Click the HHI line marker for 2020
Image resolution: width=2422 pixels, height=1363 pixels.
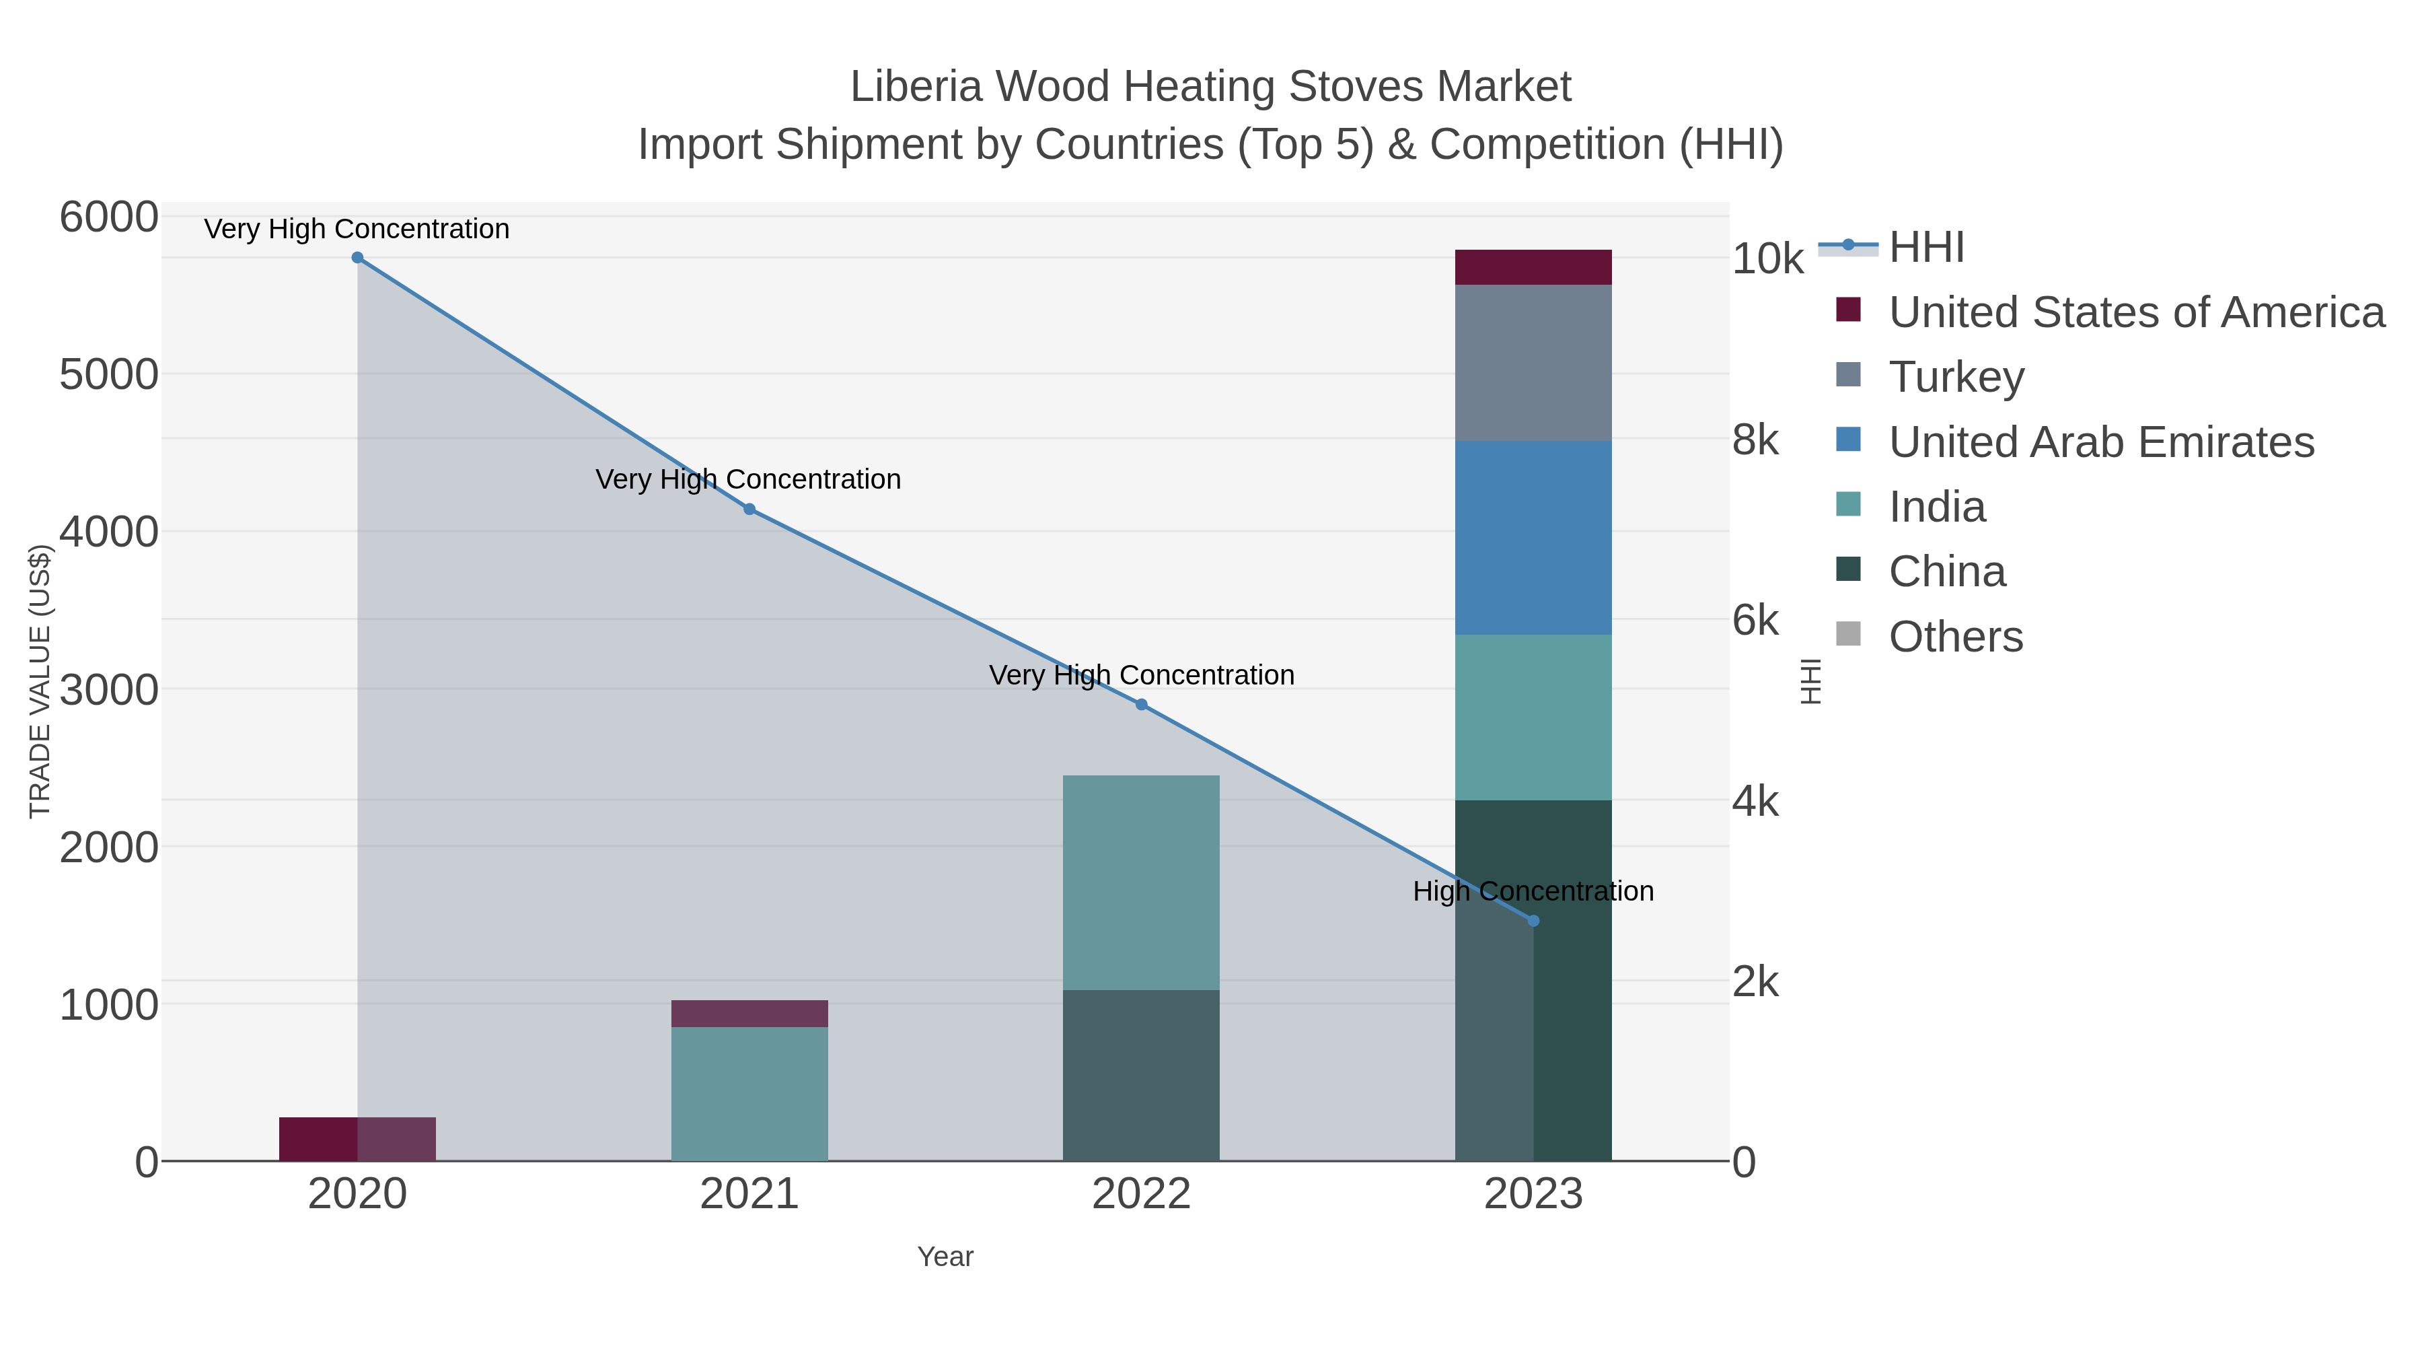(357, 258)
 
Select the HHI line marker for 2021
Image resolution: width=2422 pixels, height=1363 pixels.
(749, 509)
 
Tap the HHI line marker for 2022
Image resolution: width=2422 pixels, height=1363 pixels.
(1142, 705)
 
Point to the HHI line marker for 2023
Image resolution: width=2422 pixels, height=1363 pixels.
(1533, 921)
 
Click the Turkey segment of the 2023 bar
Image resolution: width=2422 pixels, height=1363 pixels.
(1533, 363)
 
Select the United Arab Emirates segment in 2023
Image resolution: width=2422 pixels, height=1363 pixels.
(1533, 538)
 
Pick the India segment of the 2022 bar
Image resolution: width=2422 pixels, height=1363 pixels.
(1142, 882)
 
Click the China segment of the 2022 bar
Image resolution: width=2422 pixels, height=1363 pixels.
(1142, 1075)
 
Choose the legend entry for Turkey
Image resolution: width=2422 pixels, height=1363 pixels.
(1956, 377)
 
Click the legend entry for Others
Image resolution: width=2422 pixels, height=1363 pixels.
(1956, 637)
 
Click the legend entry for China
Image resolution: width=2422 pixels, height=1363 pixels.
(1946, 572)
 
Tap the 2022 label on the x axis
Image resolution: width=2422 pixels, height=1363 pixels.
(1142, 1195)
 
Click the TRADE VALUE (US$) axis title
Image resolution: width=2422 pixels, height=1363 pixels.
(40, 681)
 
